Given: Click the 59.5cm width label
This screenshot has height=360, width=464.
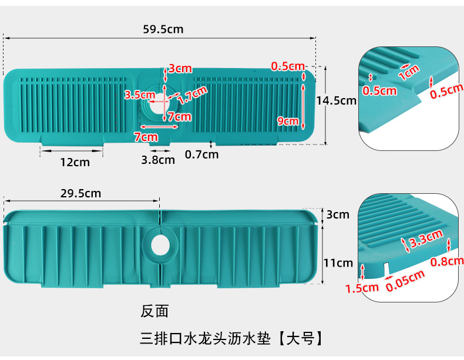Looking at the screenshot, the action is pyautogui.click(x=163, y=29).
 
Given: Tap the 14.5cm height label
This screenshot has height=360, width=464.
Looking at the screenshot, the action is pyautogui.click(x=336, y=101).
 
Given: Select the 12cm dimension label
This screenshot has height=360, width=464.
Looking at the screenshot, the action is pyautogui.click(x=75, y=162).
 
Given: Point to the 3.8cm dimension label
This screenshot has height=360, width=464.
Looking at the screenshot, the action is pyautogui.click(x=158, y=160).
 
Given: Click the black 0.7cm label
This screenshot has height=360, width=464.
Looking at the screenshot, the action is pyautogui.click(x=201, y=154).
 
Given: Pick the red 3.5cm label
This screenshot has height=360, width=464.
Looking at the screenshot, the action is pyautogui.click(x=140, y=95).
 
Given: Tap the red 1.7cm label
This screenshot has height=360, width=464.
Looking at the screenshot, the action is pyautogui.click(x=192, y=95).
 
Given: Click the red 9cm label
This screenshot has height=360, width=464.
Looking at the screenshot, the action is pyautogui.click(x=288, y=121).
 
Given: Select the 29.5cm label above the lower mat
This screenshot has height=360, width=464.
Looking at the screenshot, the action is pyautogui.click(x=80, y=193).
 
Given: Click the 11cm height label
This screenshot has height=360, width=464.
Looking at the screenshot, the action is pyautogui.click(x=338, y=263).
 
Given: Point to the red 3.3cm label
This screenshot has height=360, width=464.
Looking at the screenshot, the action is pyautogui.click(x=426, y=238).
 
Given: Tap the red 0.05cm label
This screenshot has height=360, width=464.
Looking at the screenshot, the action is pyautogui.click(x=405, y=281).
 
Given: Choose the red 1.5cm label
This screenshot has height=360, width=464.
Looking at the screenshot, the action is pyautogui.click(x=362, y=288).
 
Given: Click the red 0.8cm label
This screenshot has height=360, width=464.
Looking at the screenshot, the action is pyautogui.click(x=447, y=261).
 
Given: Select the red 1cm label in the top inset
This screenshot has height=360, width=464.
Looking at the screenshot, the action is pyautogui.click(x=409, y=72).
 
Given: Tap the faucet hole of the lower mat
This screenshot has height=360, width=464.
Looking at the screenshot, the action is pyautogui.click(x=160, y=245).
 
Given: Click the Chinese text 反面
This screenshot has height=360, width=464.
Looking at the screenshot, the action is pyautogui.click(x=154, y=311).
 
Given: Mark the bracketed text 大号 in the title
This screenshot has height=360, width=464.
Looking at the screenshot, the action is pyautogui.click(x=300, y=338).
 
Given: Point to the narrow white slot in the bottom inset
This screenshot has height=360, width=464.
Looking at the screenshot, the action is pyautogui.click(x=386, y=268).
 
